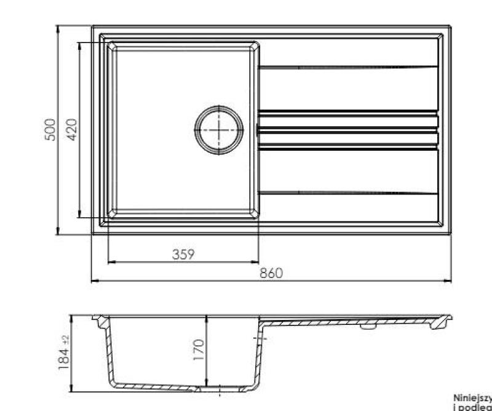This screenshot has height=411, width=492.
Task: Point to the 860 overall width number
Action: pyautogui.click(x=271, y=274)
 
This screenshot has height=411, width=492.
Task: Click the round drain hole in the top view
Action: pyautogui.click(x=219, y=130)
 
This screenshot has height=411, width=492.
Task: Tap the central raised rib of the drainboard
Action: pyautogui.click(x=348, y=130)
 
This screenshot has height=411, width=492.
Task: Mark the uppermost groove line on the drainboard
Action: pyautogui.click(x=348, y=66)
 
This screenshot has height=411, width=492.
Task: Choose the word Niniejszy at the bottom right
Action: pyautogui.click(x=472, y=397)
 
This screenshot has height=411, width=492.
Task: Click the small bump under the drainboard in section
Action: pyautogui.click(x=367, y=327)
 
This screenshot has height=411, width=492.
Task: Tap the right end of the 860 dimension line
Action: pyautogui.click(x=451, y=282)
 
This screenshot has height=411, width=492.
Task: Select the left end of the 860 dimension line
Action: pyautogui.click(x=92, y=282)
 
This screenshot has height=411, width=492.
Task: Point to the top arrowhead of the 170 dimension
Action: pyautogui.click(x=206, y=318)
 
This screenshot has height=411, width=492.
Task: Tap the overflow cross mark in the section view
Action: pyautogui.click(x=261, y=337)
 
